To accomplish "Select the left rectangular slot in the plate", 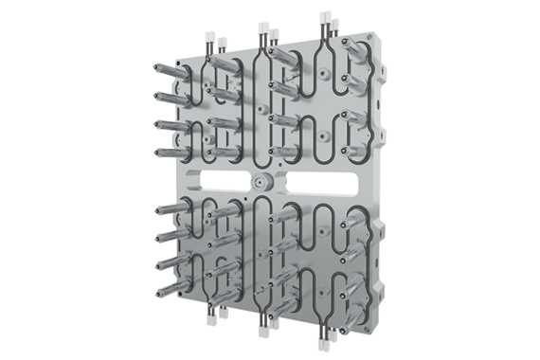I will (219, 179).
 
